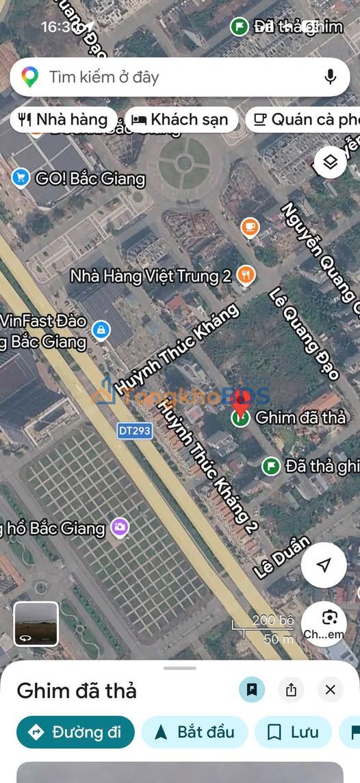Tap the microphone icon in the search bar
pyautogui.click(x=331, y=77)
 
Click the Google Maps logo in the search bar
pyautogui.click(x=29, y=77)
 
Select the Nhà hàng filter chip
pyautogui.click(x=64, y=120)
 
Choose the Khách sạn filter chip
pyautogui.click(x=181, y=120)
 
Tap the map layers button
pyautogui.click(x=331, y=162)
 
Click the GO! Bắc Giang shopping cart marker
pyautogui.click(x=21, y=179)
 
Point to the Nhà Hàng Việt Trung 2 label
pyautogui.click(x=151, y=276)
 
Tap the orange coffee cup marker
pyautogui.click(x=250, y=227)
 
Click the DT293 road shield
pyautogui.click(x=134, y=431)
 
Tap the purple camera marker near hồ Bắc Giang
pyautogui.click(x=120, y=527)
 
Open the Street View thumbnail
pyautogui.click(x=36, y=624)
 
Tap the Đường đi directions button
pyautogui.click(x=75, y=732)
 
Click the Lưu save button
pyautogui.click(x=292, y=732)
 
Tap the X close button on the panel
pyautogui.click(x=331, y=690)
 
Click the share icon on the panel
pyautogui.click(x=292, y=690)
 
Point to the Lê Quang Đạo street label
pyautogui.click(x=304, y=333)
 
